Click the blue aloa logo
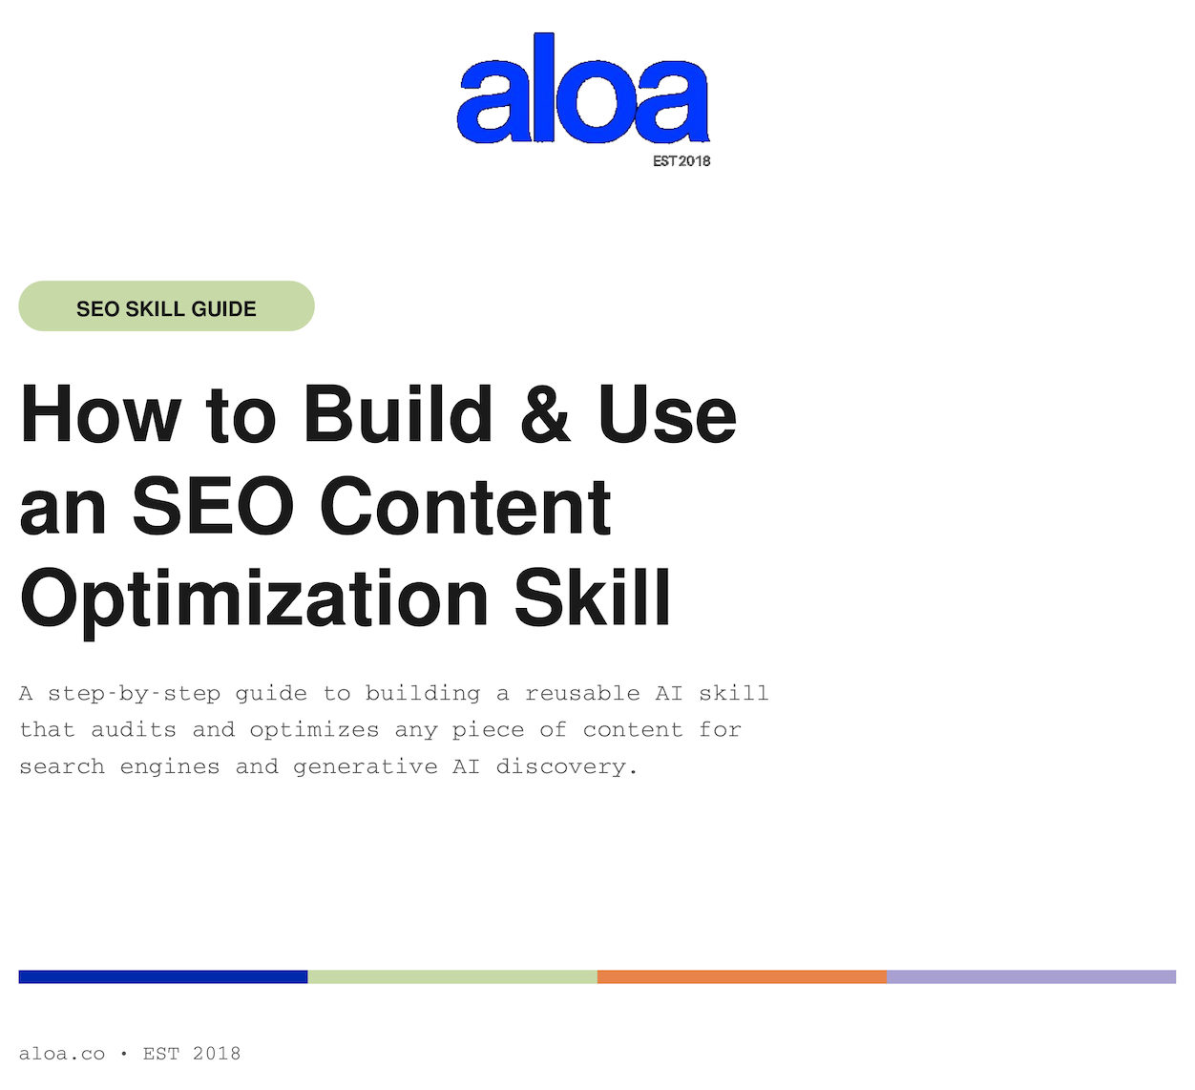(x=583, y=88)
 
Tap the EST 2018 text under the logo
(x=681, y=161)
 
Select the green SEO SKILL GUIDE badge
(x=166, y=305)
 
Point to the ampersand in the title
(x=546, y=414)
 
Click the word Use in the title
(x=667, y=414)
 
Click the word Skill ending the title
(x=593, y=597)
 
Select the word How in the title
(x=100, y=414)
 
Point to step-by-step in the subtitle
(x=134, y=694)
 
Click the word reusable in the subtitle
(x=582, y=693)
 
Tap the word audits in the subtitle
(x=134, y=729)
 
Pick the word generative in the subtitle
(x=366, y=767)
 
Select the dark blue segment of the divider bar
(x=162, y=976)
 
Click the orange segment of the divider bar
(x=742, y=976)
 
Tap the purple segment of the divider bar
(x=1031, y=976)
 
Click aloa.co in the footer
(x=62, y=1054)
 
